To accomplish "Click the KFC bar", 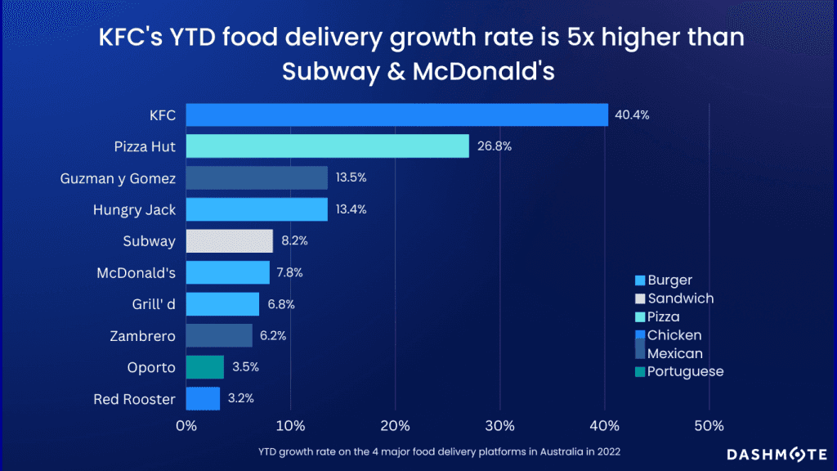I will coord(396,114).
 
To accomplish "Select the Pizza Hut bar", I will coord(327,146).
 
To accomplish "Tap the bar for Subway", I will coord(229,240).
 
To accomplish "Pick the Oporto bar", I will coord(204,367).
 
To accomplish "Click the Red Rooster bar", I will coord(203,398).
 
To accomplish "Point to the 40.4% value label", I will coord(632,115).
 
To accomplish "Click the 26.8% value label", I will coord(493,146).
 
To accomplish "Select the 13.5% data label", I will coord(351,177).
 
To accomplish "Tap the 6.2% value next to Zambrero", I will coord(275,335).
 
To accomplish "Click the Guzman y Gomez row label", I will coord(118,177).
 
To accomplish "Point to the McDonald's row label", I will coord(135,272).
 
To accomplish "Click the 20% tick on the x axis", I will coord(396,425).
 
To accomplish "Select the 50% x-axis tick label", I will coord(709,425).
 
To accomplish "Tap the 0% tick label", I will coord(186,425).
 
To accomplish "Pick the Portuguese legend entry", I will coord(685,372).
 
